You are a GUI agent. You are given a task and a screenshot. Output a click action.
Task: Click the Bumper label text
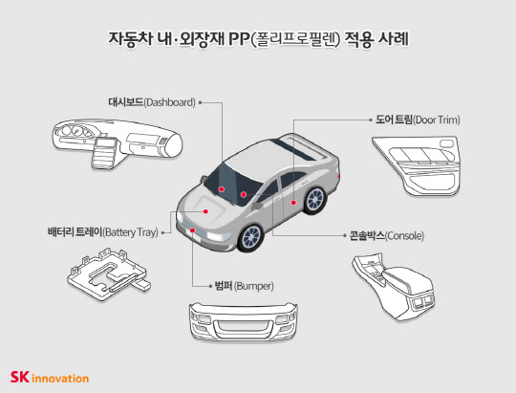[x=238, y=285]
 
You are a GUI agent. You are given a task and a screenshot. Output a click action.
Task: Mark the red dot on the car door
[x=292, y=203]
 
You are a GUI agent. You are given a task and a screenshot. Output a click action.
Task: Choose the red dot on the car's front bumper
[x=192, y=231]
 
